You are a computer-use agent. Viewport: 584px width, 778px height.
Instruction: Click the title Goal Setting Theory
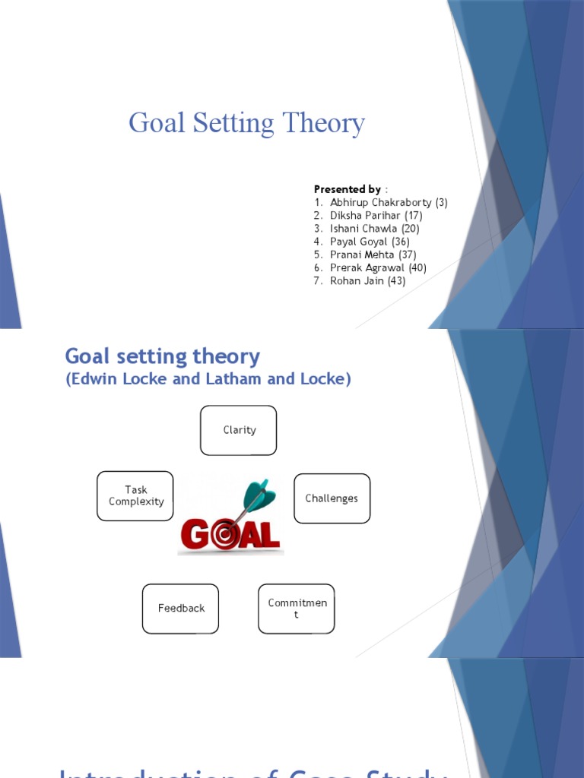coord(246,123)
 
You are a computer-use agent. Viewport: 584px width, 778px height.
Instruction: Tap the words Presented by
coord(348,189)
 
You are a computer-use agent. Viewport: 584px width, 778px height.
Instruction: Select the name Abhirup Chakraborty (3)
coord(389,202)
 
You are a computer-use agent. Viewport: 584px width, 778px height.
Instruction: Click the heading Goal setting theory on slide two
coord(163,356)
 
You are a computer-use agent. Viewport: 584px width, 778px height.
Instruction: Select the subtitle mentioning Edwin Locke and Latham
coord(208,379)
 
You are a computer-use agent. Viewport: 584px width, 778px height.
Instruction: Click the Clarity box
coord(239,430)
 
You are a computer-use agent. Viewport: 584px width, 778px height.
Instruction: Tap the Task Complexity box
coord(135,495)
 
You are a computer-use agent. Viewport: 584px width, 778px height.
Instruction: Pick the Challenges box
coord(332,498)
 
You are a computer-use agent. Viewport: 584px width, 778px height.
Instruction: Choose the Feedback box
coord(180,609)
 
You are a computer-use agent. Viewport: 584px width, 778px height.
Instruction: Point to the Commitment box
coord(296,609)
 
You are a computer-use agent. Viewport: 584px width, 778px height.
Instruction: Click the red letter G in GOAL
coord(194,536)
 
